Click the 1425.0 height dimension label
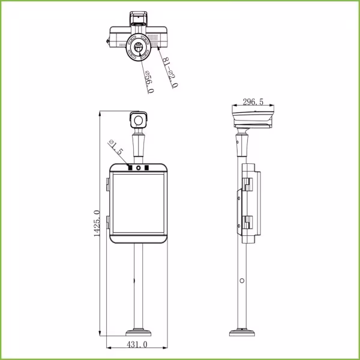(x=97, y=223)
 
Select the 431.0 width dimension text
(x=137, y=344)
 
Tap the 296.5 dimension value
(x=253, y=102)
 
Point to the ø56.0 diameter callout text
(x=149, y=82)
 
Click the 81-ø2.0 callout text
(x=170, y=73)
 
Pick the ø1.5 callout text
(x=116, y=147)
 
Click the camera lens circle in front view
(x=139, y=121)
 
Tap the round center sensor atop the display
(x=139, y=168)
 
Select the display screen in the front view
(x=139, y=203)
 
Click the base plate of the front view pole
(x=139, y=332)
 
